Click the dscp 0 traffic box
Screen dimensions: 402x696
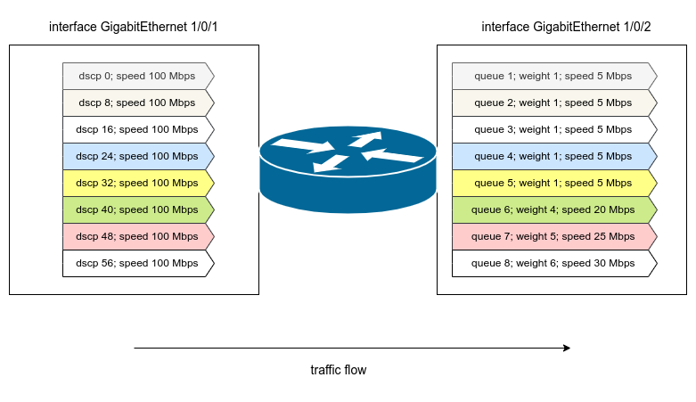pyautogui.click(x=137, y=76)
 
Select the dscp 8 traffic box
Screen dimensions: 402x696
pyautogui.click(x=137, y=103)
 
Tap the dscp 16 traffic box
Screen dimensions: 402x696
pyautogui.click(x=137, y=129)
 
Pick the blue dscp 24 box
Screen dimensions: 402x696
pyautogui.click(x=137, y=156)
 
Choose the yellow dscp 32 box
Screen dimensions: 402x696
pyautogui.click(x=137, y=183)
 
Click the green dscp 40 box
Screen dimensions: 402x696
pyautogui.click(x=137, y=209)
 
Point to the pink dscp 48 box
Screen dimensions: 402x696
pyautogui.click(x=137, y=236)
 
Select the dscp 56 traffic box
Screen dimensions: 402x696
pyautogui.click(x=137, y=263)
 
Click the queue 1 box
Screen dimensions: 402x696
pyautogui.click(x=553, y=76)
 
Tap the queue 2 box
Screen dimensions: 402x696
pyautogui.click(x=553, y=103)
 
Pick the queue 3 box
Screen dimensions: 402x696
pyautogui.click(x=553, y=129)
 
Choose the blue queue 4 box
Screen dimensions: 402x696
pyautogui.click(x=553, y=156)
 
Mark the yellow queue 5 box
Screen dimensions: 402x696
pyautogui.click(x=553, y=183)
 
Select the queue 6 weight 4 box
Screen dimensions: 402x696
pyautogui.click(x=553, y=209)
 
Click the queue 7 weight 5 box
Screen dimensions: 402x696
pyautogui.click(x=553, y=236)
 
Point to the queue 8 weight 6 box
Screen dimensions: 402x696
pyautogui.click(x=553, y=263)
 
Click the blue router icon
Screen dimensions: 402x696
pyautogui.click(x=348, y=169)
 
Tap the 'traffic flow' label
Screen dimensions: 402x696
pyautogui.click(x=339, y=370)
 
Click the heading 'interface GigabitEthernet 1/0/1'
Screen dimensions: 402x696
pyautogui.click(x=134, y=27)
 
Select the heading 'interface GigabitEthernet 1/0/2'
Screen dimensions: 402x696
pyautogui.click(x=567, y=27)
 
